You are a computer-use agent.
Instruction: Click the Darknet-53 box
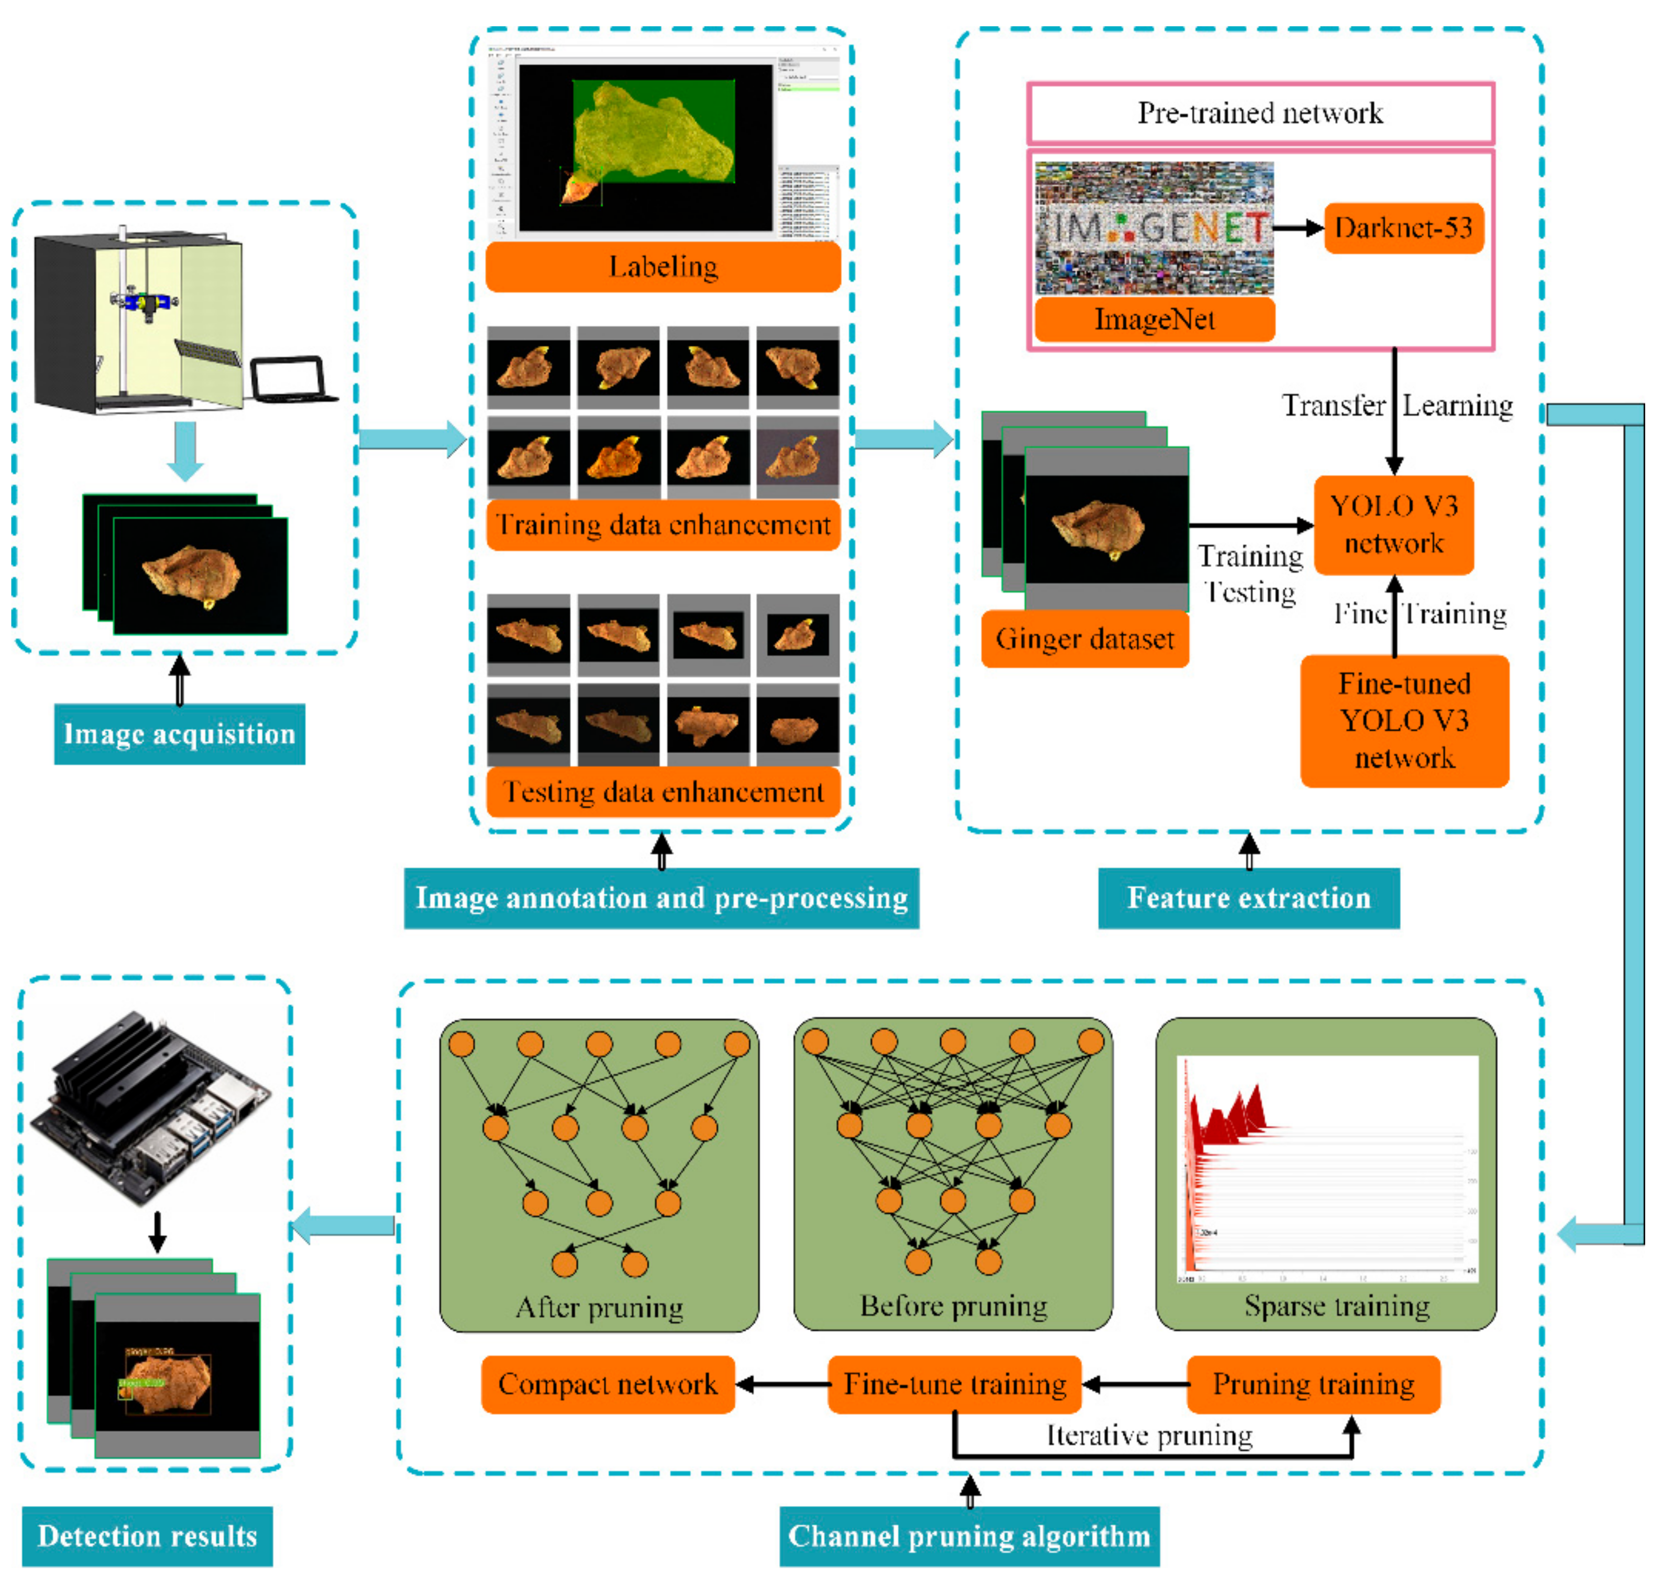point(1404,228)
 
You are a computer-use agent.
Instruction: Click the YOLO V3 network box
point(1393,525)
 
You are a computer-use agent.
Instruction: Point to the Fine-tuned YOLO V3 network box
point(1404,721)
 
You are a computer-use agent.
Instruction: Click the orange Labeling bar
point(663,266)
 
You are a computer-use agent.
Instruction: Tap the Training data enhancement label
point(663,525)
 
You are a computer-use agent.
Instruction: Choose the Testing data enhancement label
point(663,791)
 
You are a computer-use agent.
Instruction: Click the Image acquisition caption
point(179,733)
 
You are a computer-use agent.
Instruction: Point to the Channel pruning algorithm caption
point(969,1535)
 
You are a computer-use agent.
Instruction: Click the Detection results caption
point(147,1535)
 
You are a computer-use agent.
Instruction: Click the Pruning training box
point(1313,1384)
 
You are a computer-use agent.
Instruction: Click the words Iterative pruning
point(1149,1435)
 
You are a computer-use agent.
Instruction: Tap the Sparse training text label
point(1337,1305)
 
